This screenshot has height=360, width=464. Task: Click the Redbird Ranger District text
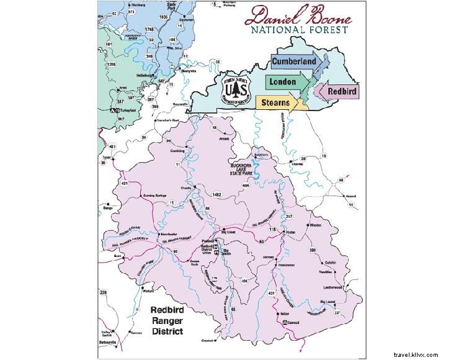[167, 320]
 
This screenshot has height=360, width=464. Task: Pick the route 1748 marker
[149, 29]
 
